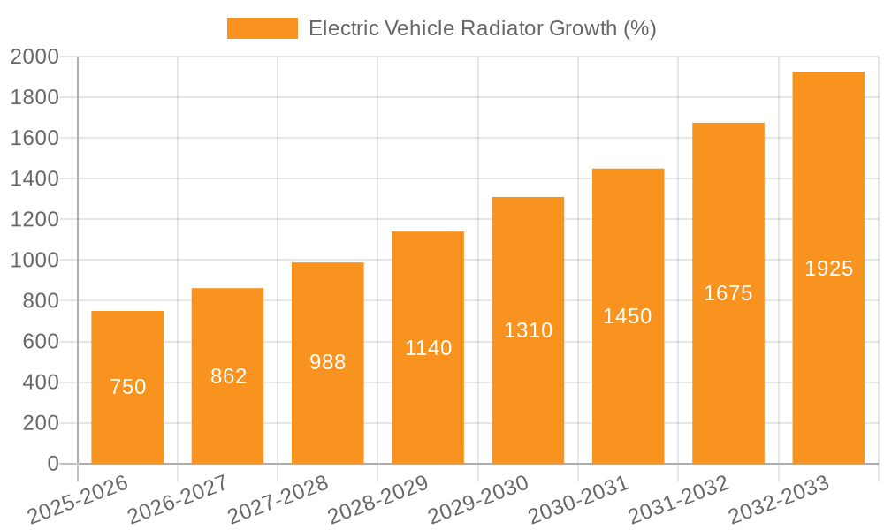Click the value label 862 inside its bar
(228, 376)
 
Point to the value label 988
(328, 362)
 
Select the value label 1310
(528, 330)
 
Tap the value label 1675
(728, 293)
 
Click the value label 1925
(828, 269)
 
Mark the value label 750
(127, 387)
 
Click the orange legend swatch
(262, 28)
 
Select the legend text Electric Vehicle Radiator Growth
(482, 28)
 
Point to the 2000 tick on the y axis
(34, 57)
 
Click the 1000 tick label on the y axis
(34, 261)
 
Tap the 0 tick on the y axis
(52, 464)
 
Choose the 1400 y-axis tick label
(34, 179)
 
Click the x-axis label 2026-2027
(178, 500)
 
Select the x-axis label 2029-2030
(478, 500)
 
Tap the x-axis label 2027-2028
(278, 500)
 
